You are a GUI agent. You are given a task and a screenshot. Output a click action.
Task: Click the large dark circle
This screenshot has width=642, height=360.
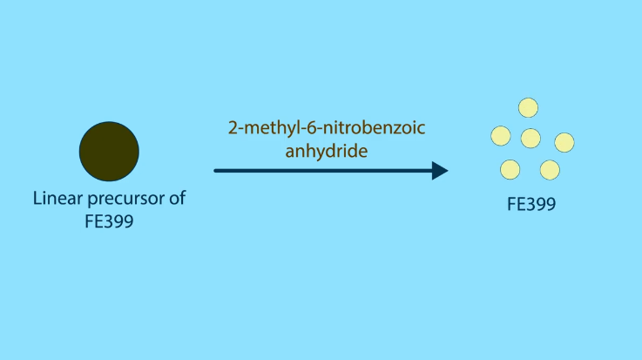(x=109, y=151)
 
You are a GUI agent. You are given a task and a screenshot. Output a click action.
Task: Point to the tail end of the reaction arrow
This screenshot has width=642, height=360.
(x=215, y=170)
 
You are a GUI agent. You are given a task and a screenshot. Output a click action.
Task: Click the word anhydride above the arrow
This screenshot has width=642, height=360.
(x=327, y=151)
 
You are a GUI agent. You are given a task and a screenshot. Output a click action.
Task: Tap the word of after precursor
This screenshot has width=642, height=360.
(x=178, y=198)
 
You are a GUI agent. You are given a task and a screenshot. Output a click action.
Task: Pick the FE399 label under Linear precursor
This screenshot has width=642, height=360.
(x=109, y=221)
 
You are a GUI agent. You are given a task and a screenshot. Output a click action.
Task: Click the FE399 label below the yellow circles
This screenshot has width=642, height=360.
(x=531, y=204)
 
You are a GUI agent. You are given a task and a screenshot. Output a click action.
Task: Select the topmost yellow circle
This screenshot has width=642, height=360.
(x=528, y=108)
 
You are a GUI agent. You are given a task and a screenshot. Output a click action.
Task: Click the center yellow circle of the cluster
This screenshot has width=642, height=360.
(x=530, y=138)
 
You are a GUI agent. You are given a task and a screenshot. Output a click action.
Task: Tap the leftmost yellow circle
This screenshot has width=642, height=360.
(x=501, y=136)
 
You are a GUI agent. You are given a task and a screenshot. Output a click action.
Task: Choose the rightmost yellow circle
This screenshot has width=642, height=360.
(x=564, y=143)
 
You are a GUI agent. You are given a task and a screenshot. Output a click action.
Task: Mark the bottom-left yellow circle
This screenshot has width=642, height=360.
(x=510, y=170)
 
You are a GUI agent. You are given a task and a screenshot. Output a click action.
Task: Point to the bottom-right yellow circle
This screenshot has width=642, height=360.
(x=550, y=170)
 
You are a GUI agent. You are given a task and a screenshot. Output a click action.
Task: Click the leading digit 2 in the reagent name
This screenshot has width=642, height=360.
(x=233, y=128)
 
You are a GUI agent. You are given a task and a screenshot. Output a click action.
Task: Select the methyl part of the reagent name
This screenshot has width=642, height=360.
(x=271, y=129)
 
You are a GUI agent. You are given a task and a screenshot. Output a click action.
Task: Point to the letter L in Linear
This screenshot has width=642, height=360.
(x=37, y=198)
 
